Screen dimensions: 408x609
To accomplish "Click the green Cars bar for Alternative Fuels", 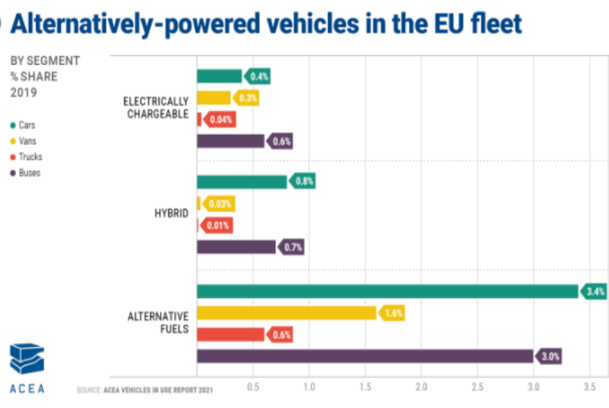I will pyautogui.click(x=387, y=292).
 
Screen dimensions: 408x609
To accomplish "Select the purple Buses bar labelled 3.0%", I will pyautogui.click(x=365, y=356).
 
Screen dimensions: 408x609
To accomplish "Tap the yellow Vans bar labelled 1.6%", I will pyautogui.click(x=287, y=314).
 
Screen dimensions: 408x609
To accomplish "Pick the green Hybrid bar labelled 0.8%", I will pyautogui.click(x=242, y=182).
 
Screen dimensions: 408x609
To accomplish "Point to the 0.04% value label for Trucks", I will pyautogui.click(x=220, y=120).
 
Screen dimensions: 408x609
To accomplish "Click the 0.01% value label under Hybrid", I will pyautogui.click(x=217, y=226).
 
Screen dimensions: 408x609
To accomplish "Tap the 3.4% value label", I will pyautogui.click(x=594, y=292).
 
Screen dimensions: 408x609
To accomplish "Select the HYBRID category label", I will pyautogui.click(x=172, y=214).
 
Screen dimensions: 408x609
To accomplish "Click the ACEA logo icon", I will pyautogui.click(x=27, y=359).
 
